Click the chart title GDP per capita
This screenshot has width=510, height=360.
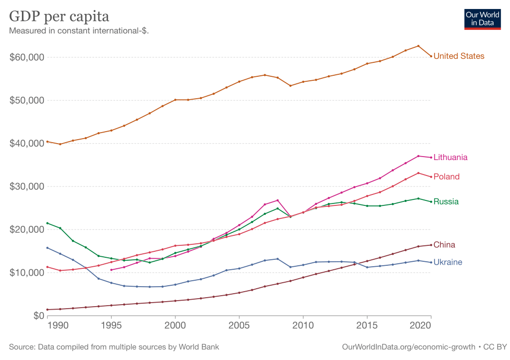click(59, 16)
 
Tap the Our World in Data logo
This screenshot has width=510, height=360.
click(483, 18)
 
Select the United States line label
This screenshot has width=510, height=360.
click(459, 56)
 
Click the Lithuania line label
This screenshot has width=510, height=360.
click(451, 158)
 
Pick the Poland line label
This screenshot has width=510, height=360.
click(447, 177)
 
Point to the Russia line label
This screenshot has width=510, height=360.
click(446, 202)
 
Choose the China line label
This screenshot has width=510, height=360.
click(444, 245)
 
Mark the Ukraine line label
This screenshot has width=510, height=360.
click(448, 262)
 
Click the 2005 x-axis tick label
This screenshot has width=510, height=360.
click(239, 326)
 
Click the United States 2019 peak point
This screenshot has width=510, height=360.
click(418, 46)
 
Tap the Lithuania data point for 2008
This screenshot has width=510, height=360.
click(278, 200)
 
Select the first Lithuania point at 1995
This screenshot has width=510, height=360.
click(111, 270)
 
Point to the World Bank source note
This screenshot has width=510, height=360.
click(114, 347)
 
